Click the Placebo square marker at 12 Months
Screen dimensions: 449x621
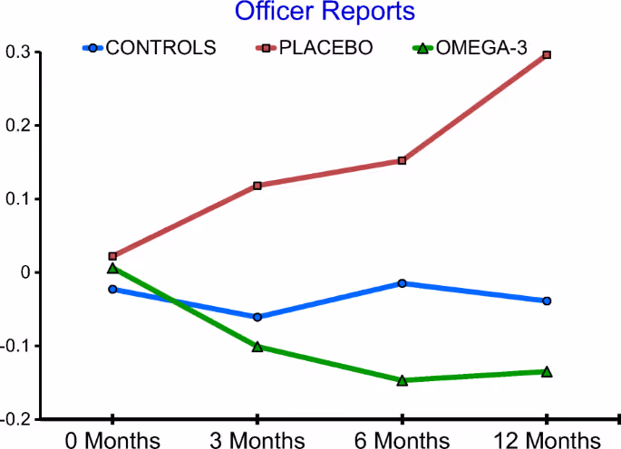pyautogui.click(x=547, y=55)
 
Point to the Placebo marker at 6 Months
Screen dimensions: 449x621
pyautogui.click(x=402, y=161)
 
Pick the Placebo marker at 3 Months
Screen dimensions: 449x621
pyautogui.click(x=257, y=186)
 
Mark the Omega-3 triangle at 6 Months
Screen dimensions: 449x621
pyautogui.click(x=402, y=380)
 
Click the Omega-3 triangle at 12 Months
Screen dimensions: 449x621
pyautogui.click(x=547, y=371)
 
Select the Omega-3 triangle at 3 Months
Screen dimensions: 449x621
pyautogui.click(x=257, y=346)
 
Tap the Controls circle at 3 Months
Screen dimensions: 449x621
pyautogui.click(x=257, y=317)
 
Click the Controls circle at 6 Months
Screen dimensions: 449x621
pyautogui.click(x=402, y=283)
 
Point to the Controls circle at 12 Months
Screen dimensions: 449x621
pyautogui.click(x=547, y=301)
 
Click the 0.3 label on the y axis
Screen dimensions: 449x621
pyautogui.click(x=17, y=53)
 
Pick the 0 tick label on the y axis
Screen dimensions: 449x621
pyautogui.click(x=24, y=272)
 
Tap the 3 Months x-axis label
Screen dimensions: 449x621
pyautogui.click(x=257, y=440)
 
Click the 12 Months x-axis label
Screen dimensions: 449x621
pyautogui.click(x=547, y=440)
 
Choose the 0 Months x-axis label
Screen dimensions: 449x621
pyautogui.click(x=112, y=440)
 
